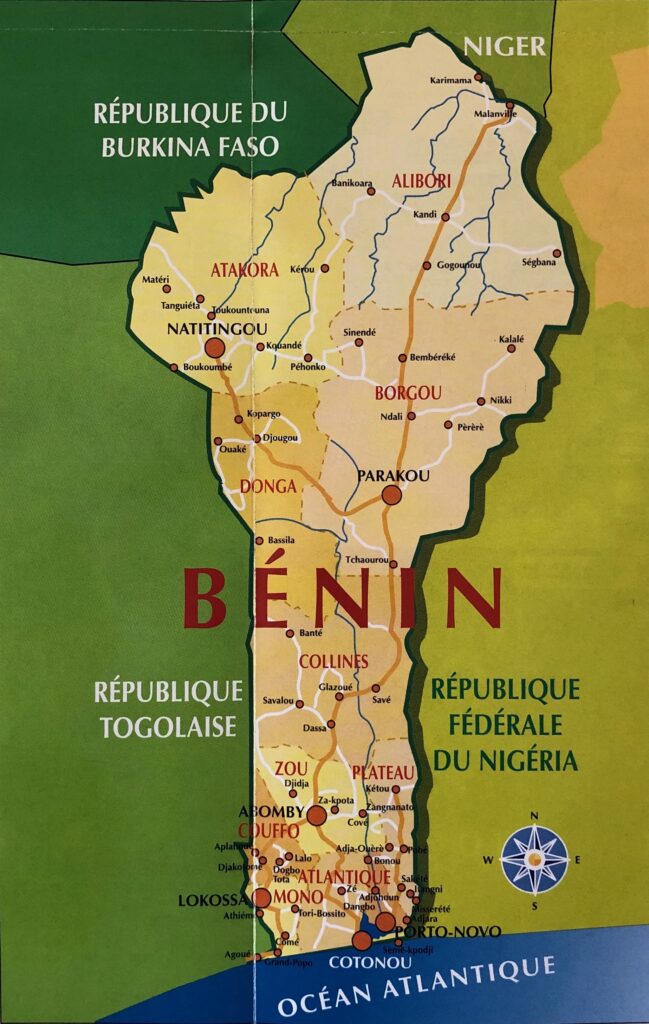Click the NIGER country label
pos(505,46)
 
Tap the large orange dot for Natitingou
pos(214,348)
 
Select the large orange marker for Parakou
pos(391,494)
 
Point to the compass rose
pos(535,859)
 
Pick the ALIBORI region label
pos(421,181)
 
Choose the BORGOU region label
pos(402,393)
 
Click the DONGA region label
pos(268,487)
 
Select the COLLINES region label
pos(333,661)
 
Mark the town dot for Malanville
pos(509,104)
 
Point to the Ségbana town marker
pos(557,253)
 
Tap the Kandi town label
pos(425,215)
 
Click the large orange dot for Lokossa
pos(262,897)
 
